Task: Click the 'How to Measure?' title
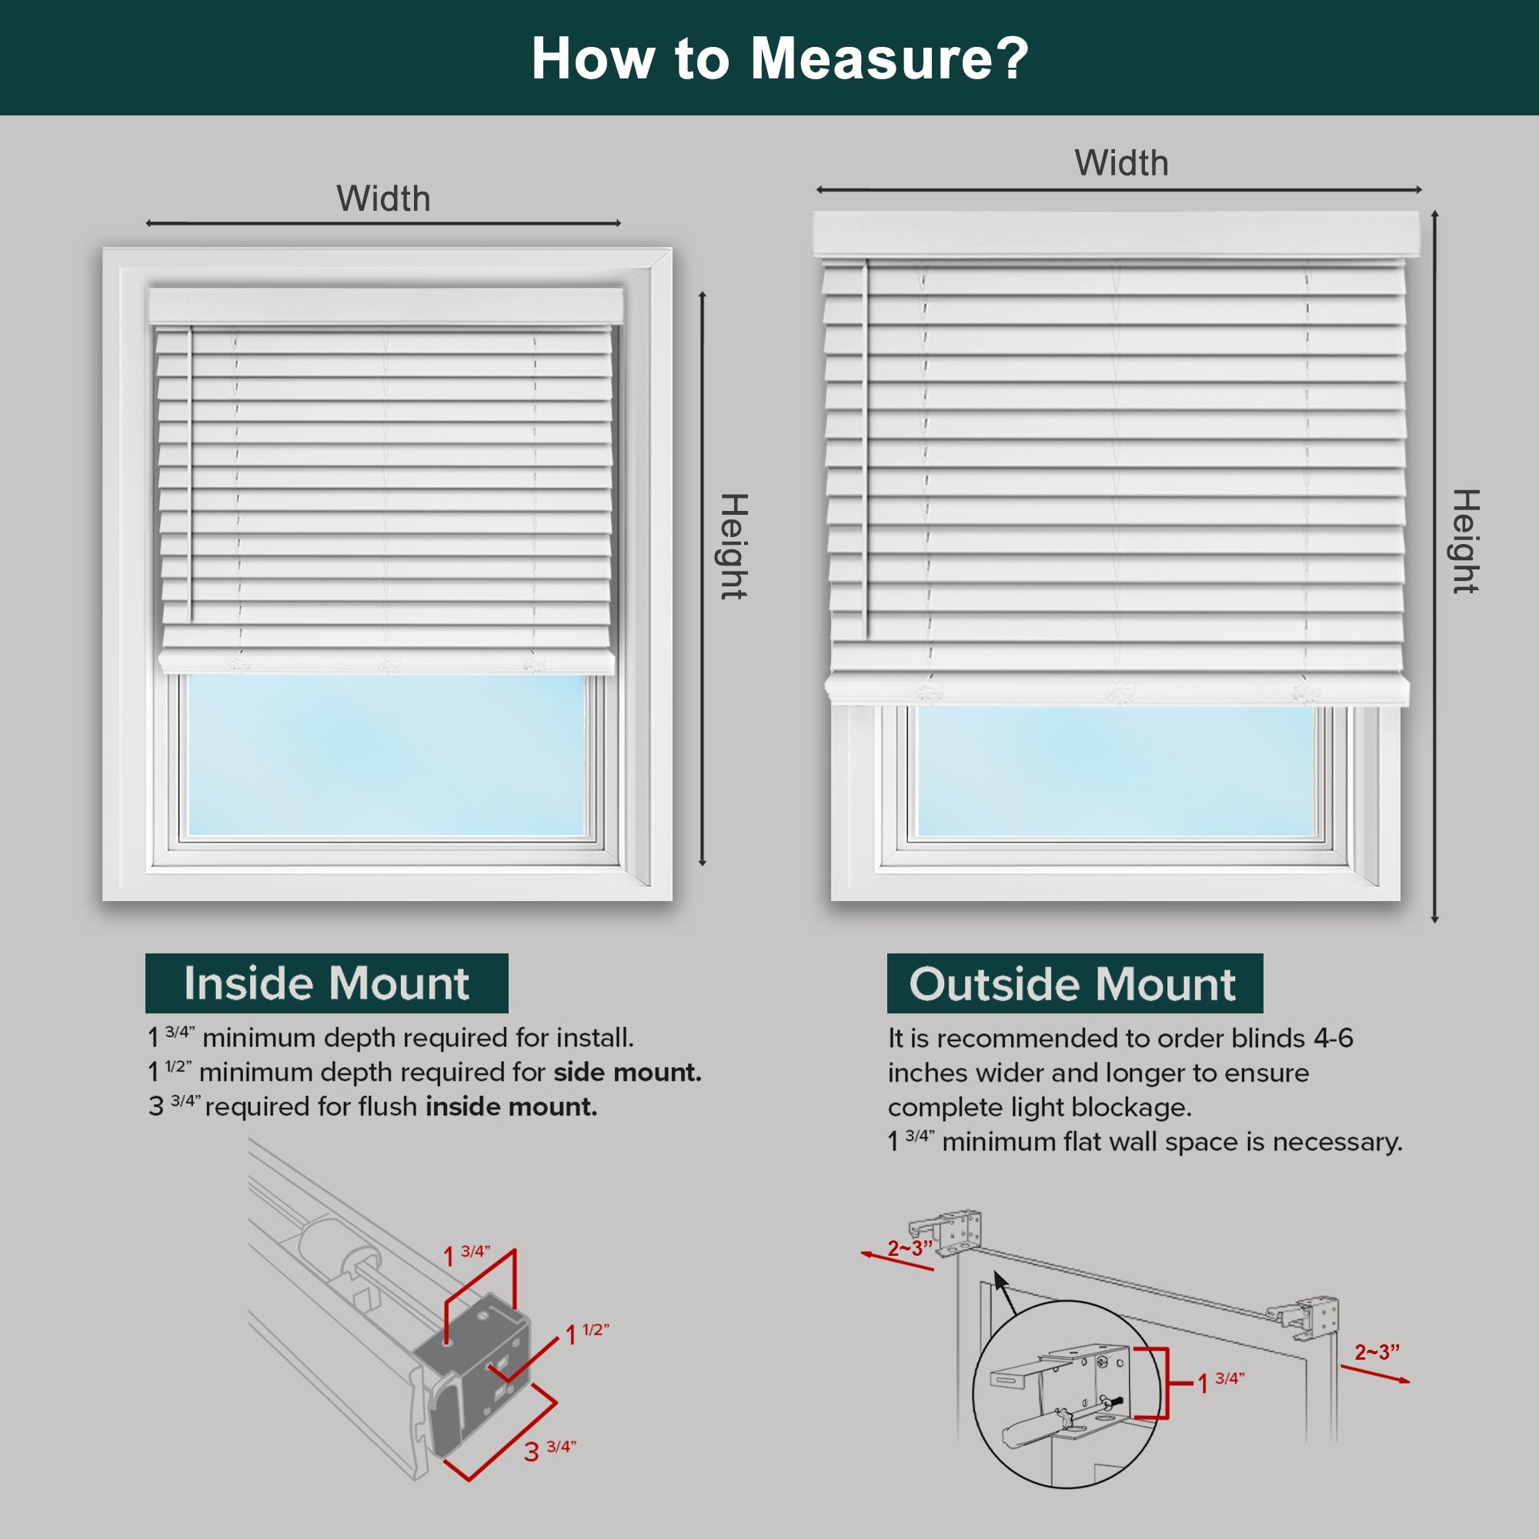click(x=780, y=58)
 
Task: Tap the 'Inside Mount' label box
click(x=326, y=983)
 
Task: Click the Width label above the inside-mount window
click(x=383, y=199)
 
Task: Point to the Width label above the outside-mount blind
click(x=1121, y=163)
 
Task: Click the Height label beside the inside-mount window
click(x=733, y=546)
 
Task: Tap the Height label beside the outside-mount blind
click(x=1465, y=542)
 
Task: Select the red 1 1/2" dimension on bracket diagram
click(x=587, y=1334)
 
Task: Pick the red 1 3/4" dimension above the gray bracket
click(x=467, y=1255)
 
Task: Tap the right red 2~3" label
click(x=1377, y=1353)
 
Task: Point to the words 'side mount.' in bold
click(x=627, y=1072)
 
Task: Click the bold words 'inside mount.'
click(x=511, y=1107)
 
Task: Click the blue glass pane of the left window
click(x=386, y=753)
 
